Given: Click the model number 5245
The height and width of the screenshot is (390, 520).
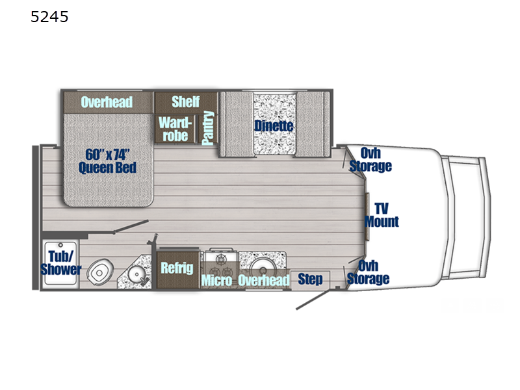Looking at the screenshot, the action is [49, 17].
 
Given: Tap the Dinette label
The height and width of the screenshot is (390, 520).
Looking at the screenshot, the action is [274, 126].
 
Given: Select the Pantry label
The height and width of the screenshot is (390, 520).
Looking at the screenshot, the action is [208, 128].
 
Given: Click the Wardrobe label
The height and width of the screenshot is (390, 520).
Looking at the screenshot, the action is [175, 129].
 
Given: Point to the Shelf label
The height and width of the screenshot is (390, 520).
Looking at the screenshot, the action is [186, 101].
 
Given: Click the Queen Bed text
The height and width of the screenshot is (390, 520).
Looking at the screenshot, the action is [107, 168].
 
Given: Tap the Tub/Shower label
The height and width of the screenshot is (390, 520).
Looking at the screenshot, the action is [61, 263].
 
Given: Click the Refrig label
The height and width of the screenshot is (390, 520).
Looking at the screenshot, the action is [177, 268].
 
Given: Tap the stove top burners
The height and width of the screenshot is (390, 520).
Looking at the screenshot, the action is [221, 262].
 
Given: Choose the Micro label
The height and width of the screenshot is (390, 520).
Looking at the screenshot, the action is [216, 281].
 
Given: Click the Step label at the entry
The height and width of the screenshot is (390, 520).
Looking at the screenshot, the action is [310, 279].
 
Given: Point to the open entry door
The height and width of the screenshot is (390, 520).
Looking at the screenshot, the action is [313, 299].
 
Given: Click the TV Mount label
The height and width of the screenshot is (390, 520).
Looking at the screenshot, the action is [382, 215].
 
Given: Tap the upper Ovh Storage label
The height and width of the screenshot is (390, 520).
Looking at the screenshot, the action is [370, 159].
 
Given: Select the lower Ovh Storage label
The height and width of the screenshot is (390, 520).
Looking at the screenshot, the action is [368, 272].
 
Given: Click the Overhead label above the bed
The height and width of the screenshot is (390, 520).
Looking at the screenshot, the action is [107, 102].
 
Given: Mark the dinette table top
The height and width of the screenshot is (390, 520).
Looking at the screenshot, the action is [274, 123].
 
